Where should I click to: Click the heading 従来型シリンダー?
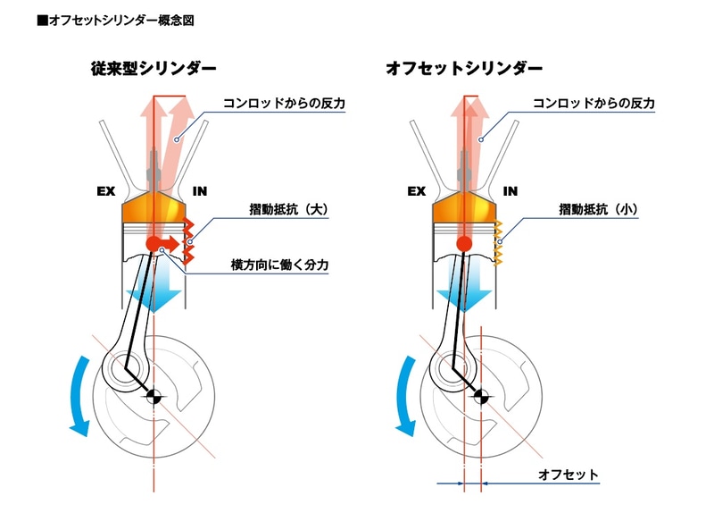[151, 68]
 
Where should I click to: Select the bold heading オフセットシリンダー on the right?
[464, 68]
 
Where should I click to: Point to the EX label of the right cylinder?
[416, 191]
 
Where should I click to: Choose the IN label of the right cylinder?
[511, 191]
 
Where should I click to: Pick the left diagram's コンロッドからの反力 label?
[290, 105]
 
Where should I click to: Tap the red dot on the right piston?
[463, 243]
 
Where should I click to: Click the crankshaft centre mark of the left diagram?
[154, 397]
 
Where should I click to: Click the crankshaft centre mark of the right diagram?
[482, 397]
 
